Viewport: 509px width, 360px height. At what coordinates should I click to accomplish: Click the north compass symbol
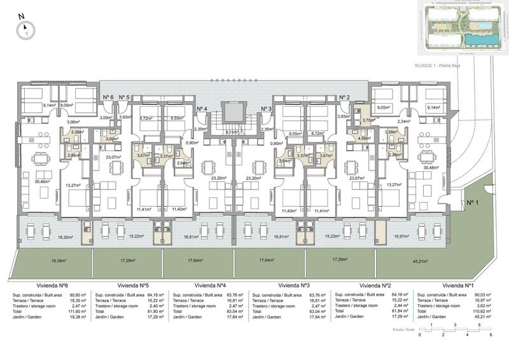(x=26, y=27)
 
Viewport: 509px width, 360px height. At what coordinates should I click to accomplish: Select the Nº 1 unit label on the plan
(x=473, y=203)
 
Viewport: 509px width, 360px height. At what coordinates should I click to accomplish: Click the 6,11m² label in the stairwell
(x=232, y=132)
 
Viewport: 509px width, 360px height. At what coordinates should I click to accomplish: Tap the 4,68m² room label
(x=364, y=138)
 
